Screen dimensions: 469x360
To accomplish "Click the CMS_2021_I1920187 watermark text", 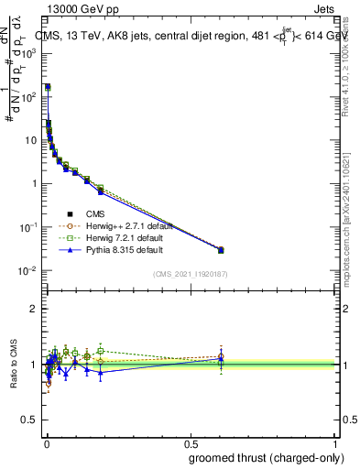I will pos(191,274).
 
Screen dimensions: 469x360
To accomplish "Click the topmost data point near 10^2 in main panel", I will pos(48,87).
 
